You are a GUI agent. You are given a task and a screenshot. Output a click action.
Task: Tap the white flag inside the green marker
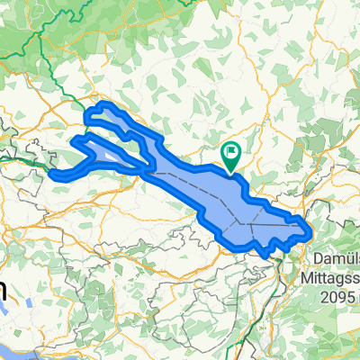click(231, 151)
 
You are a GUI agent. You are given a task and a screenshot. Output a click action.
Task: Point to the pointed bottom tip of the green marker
click(230, 172)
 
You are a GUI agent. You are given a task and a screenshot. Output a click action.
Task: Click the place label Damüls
click(335, 258)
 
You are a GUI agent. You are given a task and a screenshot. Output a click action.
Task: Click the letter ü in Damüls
click(341, 258)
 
